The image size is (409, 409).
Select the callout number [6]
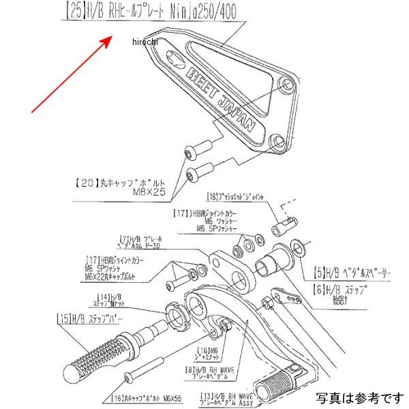[x=320, y=289]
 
